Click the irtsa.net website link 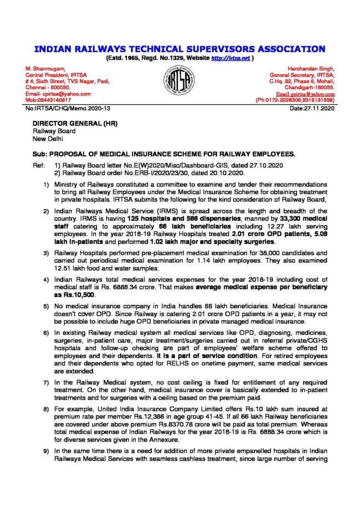tap(232, 58)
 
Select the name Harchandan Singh tap(316, 69)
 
